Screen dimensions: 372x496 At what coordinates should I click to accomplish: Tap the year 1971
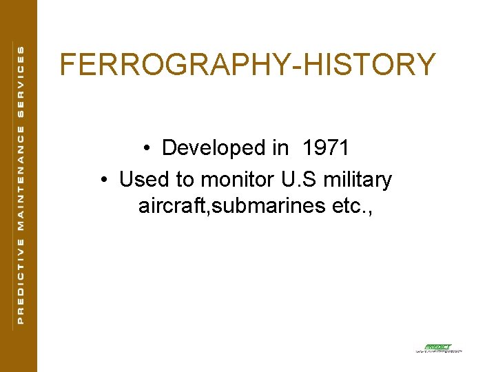325,148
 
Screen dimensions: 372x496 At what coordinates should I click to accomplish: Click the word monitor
238,180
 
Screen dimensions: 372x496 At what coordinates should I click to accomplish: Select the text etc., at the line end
353,206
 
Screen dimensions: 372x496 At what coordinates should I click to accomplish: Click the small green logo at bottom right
437,348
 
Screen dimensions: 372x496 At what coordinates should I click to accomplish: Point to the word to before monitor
186,180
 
